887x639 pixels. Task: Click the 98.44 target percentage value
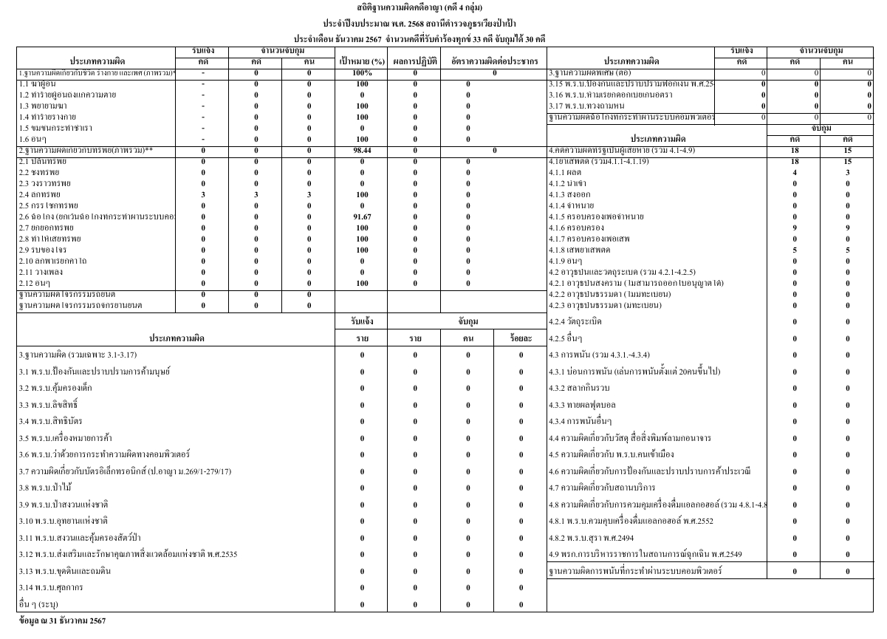click(361, 150)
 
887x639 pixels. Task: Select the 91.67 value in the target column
click(361, 216)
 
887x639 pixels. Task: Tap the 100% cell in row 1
click(361, 73)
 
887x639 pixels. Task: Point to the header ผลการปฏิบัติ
click(414, 61)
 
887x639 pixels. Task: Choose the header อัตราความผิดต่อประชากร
click(493, 61)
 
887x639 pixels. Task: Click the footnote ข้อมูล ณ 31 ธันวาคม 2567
click(63, 621)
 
